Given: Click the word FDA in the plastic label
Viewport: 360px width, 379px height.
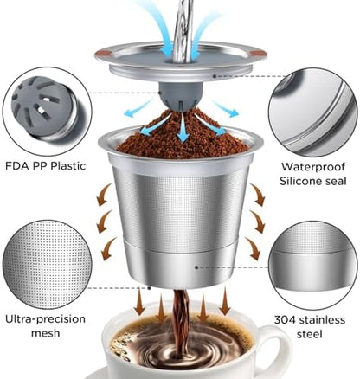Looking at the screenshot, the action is tap(17, 166).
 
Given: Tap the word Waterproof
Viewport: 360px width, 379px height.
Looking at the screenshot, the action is tap(313, 167).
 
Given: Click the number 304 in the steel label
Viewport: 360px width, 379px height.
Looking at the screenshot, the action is tap(285, 320).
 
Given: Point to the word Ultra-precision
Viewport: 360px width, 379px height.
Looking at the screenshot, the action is tap(46, 319).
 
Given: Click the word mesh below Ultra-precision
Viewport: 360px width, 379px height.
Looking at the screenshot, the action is tap(46, 333).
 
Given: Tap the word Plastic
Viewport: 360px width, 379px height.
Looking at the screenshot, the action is tap(68, 166).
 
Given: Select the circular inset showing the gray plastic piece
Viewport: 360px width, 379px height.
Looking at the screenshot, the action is tap(47, 112).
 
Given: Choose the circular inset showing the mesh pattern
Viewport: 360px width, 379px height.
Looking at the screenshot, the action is tap(47, 265).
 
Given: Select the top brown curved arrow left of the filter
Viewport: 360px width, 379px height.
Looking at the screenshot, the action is tap(104, 196).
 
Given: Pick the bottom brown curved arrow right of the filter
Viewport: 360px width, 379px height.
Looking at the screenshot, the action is tap(253, 248).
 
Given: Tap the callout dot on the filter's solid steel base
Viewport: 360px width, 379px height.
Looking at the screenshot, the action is tap(196, 267).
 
